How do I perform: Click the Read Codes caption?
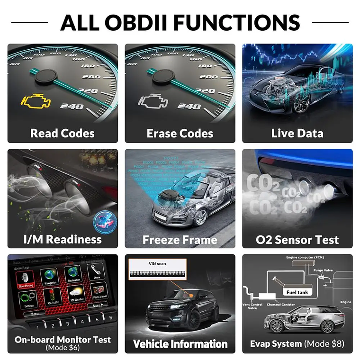[x=63, y=133]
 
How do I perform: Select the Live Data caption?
[x=297, y=133]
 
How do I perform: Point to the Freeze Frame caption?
[x=180, y=240]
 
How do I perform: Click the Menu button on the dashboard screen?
[x=34, y=314]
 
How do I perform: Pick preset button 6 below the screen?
[x=110, y=318]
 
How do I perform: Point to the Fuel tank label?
[x=297, y=292]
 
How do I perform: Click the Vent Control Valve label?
[x=253, y=306]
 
